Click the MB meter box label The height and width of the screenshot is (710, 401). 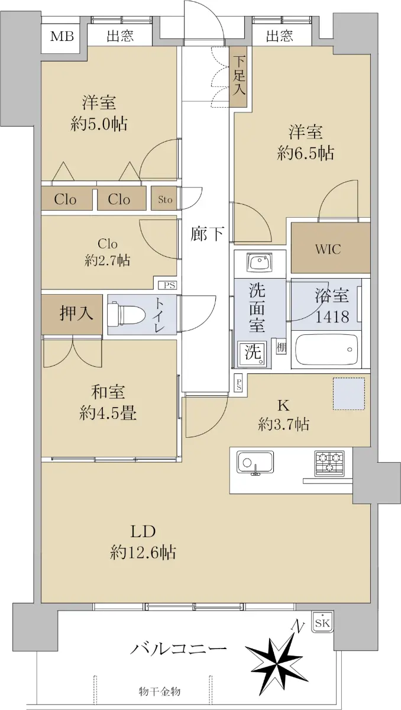[62, 36]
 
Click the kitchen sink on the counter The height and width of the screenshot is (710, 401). [256, 463]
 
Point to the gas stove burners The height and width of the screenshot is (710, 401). [329, 463]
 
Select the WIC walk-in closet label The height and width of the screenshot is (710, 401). [328, 250]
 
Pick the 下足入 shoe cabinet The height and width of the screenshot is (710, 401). [238, 77]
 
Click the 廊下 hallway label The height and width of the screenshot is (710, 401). [207, 234]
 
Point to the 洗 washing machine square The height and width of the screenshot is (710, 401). [254, 352]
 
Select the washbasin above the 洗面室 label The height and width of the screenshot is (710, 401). [260, 263]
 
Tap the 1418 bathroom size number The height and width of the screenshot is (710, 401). [332, 317]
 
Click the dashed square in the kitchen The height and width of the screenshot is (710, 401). [349, 393]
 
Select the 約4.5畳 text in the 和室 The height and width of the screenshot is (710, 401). [108, 414]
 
